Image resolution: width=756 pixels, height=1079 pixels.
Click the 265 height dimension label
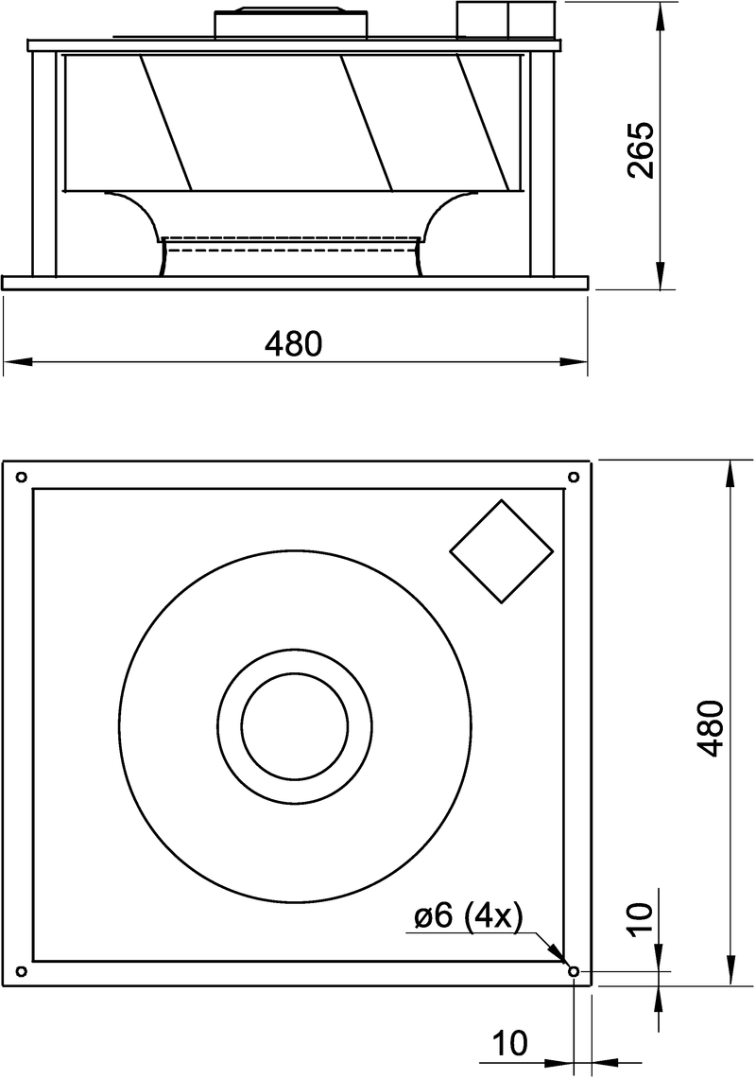coord(641,150)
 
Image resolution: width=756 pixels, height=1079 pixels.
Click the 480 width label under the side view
coord(294,343)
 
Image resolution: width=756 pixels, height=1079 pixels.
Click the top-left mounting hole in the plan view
coord(21,477)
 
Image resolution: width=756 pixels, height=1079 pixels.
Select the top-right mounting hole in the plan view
coord(573,477)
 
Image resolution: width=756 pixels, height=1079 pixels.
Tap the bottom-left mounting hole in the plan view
coord(21,971)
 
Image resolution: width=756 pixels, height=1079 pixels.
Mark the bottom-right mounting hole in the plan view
coord(574,971)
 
